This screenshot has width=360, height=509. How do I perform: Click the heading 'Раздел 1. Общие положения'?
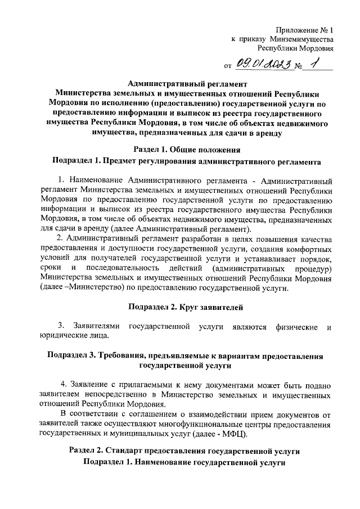[187, 150]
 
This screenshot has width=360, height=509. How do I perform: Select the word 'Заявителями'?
[94, 327]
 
